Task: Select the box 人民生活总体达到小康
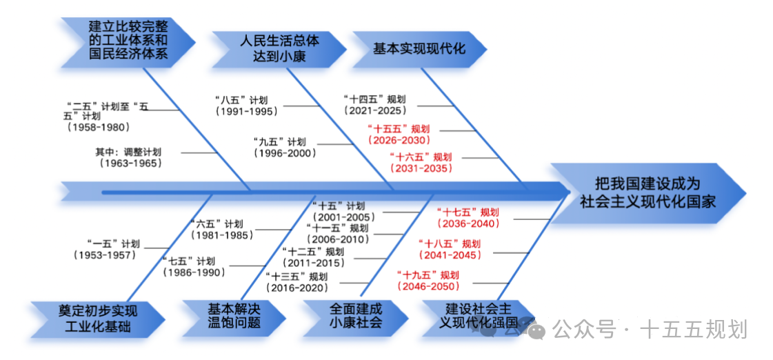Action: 279,49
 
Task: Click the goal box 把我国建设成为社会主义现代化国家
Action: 647,192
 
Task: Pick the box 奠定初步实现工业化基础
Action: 97,318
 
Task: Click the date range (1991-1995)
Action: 246,112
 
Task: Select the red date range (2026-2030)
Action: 403,140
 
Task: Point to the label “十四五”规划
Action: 377,99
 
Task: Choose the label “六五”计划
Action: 217,223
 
